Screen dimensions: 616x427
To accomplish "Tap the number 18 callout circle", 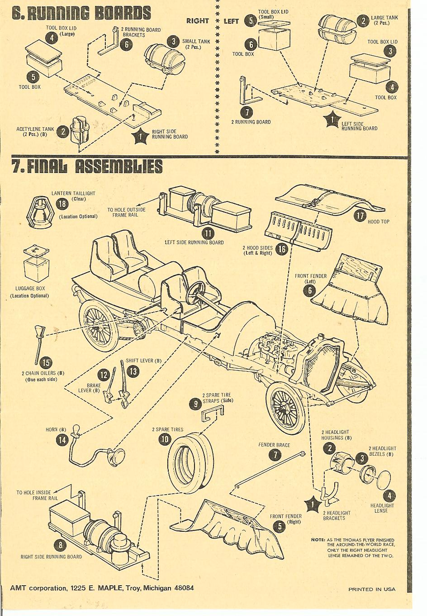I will click(62, 204).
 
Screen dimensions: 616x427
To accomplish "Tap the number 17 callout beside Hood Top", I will click(360, 216).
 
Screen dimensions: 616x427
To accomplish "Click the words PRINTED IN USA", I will click(371, 589).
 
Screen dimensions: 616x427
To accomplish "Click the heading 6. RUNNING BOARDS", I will click(81, 13).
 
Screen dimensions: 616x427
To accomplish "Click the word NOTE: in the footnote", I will click(318, 539).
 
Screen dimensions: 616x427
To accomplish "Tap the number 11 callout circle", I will click(208, 234).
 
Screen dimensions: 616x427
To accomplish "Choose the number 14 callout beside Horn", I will click(62, 439).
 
